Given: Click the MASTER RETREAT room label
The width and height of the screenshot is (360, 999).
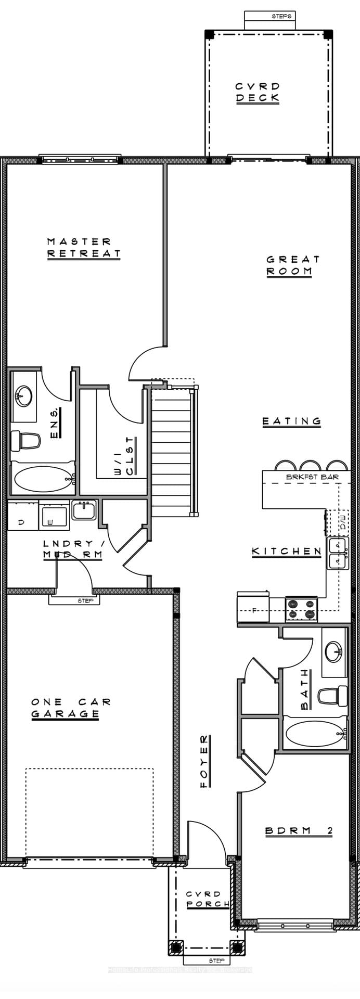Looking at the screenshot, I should [83, 248].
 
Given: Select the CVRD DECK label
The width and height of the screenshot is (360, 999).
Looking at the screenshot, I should [258, 92].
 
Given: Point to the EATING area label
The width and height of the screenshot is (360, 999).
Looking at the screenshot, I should [291, 421].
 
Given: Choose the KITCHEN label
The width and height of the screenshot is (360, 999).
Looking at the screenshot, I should [286, 551].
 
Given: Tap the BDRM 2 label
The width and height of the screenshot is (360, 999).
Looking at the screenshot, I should [299, 831].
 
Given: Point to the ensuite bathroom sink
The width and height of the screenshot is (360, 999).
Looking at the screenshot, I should [23, 396].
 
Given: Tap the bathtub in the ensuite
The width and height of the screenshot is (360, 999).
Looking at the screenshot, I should [44, 479].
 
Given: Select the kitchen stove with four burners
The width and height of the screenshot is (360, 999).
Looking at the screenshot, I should [301, 609].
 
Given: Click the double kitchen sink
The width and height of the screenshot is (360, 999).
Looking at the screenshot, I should [338, 554].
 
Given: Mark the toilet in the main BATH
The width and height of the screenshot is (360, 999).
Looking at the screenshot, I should [333, 696].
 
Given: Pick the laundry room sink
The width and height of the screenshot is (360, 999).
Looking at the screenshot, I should [84, 510].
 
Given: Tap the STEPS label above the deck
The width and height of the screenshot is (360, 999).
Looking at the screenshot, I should [282, 17].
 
